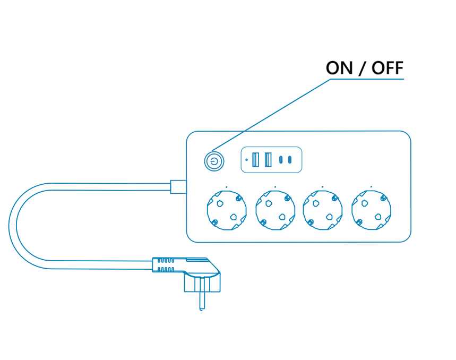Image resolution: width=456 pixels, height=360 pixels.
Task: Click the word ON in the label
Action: (x=338, y=68)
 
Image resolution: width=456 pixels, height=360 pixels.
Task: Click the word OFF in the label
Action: (x=387, y=68)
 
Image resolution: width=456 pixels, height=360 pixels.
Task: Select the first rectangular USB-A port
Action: (x=256, y=159)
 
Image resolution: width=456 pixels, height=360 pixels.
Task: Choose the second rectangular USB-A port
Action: (x=268, y=159)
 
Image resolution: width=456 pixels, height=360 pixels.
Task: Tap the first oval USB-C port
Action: (x=281, y=159)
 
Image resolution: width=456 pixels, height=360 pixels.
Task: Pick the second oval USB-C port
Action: (x=290, y=159)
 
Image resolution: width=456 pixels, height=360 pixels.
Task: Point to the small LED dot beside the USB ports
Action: (x=247, y=159)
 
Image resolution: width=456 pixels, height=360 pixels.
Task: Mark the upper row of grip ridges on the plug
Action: (x=165, y=261)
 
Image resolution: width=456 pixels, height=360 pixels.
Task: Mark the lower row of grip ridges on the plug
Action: (x=165, y=270)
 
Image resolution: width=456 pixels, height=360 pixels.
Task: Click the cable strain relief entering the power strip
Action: (x=178, y=186)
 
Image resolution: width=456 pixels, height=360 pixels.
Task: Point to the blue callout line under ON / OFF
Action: (x=366, y=79)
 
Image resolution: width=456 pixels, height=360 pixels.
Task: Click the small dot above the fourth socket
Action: (x=371, y=187)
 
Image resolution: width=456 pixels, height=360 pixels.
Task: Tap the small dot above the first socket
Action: (x=226, y=187)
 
